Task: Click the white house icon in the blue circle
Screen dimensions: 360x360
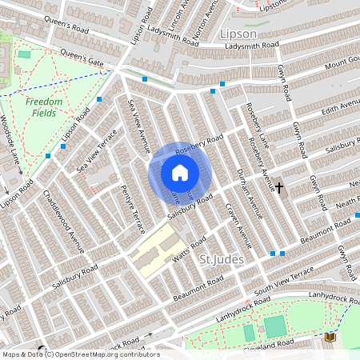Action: pyautogui.click(x=180, y=173)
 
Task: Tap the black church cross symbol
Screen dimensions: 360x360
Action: pyautogui.click(x=279, y=186)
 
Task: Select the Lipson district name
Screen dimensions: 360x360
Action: pyautogui.click(x=238, y=34)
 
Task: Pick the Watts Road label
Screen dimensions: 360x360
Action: pyautogui.click(x=189, y=254)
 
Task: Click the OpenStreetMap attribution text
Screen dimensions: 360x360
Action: pyautogui.click(x=80, y=354)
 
